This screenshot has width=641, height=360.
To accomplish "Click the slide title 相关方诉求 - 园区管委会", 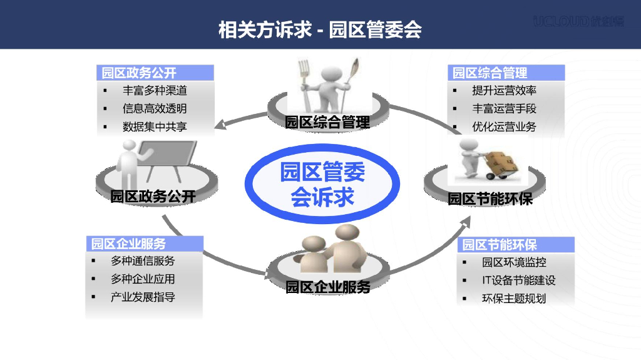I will pyautogui.click(x=320, y=29).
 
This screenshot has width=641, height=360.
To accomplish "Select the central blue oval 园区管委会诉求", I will pyautogui.click(x=322, y=183).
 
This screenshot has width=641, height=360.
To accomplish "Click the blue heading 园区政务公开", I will pyautogui.click(x=140, y=73).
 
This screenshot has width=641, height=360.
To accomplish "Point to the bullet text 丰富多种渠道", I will pyautogui.click(x=155, y=91).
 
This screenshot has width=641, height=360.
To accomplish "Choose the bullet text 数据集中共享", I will pyautogui.click(x=155, y=126).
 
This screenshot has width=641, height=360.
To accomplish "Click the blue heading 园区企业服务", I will pyautogui.click(x=128, y=244).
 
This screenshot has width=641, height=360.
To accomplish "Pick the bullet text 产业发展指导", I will pyautogui.click(x=143, y=297).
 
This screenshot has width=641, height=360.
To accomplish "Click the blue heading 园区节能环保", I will pyautogui.click(x=500, y=244).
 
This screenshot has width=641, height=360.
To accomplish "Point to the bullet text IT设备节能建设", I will pyautogui.click(x=518, y=280).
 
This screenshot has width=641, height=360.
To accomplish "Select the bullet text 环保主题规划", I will pyautogui.click(x=514, y=299).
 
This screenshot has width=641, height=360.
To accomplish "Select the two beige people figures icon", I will pyautogui.click(x=328, y=250).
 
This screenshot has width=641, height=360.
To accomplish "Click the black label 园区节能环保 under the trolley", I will pyautogui.click(x=490, y=199).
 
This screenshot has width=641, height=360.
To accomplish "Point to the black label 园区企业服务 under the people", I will pyautogui.click(x=328, y=287).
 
